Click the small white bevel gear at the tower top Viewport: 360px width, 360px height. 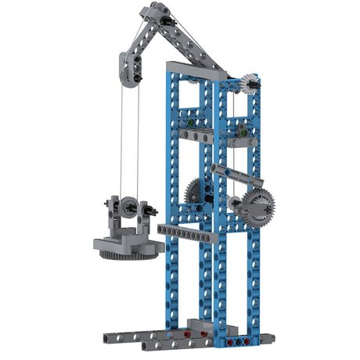(x=250, y=84)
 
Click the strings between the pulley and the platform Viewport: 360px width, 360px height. (x=129, y=141)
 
